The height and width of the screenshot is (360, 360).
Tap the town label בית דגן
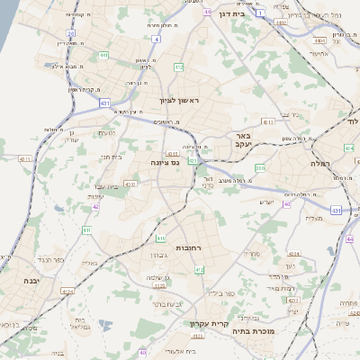[x=232, y=14]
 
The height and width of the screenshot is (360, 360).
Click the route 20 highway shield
[x=70, y=33]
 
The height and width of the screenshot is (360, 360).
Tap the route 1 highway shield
[x=260, y=13]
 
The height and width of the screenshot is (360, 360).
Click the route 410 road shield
[x=160, y=238]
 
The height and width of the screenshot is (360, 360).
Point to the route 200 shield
[x=260, y=167]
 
